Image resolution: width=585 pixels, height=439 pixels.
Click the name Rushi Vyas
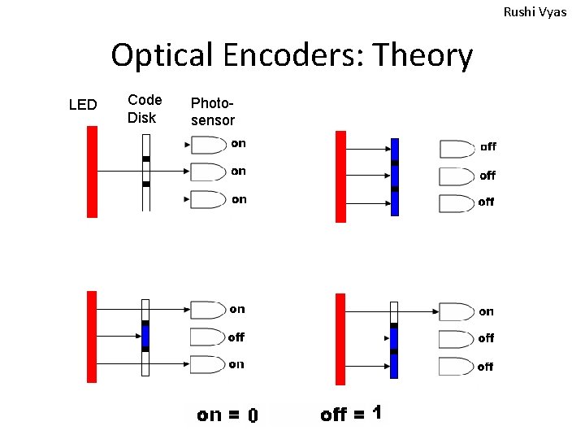[535, 12]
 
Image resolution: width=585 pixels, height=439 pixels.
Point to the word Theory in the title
[422, 55]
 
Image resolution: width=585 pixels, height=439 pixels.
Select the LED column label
[83, 105]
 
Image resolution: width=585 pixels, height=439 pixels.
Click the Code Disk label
[145, 109]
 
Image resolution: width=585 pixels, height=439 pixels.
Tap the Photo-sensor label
[212, 112]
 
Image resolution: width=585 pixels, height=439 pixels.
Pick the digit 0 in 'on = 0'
[253, 416]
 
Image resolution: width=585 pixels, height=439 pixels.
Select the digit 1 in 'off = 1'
[375, 414]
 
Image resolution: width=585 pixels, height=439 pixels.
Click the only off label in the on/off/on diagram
[236, 337]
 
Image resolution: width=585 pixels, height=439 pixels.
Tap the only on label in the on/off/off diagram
[486, 311]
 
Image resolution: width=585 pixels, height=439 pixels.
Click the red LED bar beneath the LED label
[92, 172]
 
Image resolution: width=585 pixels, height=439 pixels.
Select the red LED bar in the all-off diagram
[340, 176]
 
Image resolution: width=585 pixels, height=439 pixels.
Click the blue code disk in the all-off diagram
[395, 176]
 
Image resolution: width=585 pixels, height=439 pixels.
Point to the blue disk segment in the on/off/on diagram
[146, 335]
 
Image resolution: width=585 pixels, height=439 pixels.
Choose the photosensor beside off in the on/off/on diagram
[207, 337]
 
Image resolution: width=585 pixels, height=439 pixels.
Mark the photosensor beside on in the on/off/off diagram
[456, 311]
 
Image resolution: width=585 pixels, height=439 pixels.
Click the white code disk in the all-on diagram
[146, 172]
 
